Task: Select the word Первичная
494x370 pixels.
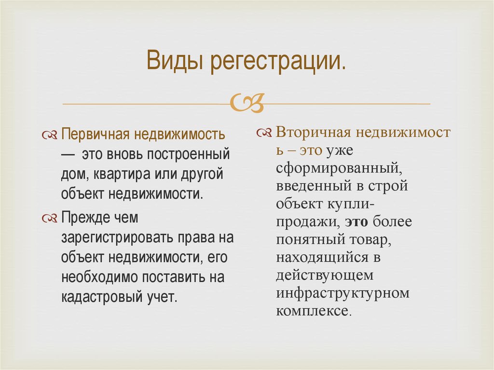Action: coord(95,134)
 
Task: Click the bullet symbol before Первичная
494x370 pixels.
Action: coord(50,134)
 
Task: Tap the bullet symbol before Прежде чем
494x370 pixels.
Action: coord(50,219)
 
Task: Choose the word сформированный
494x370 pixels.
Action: coord(337,168)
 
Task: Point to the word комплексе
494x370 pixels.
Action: coord(312,311)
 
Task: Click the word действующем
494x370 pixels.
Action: coord(325,275)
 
